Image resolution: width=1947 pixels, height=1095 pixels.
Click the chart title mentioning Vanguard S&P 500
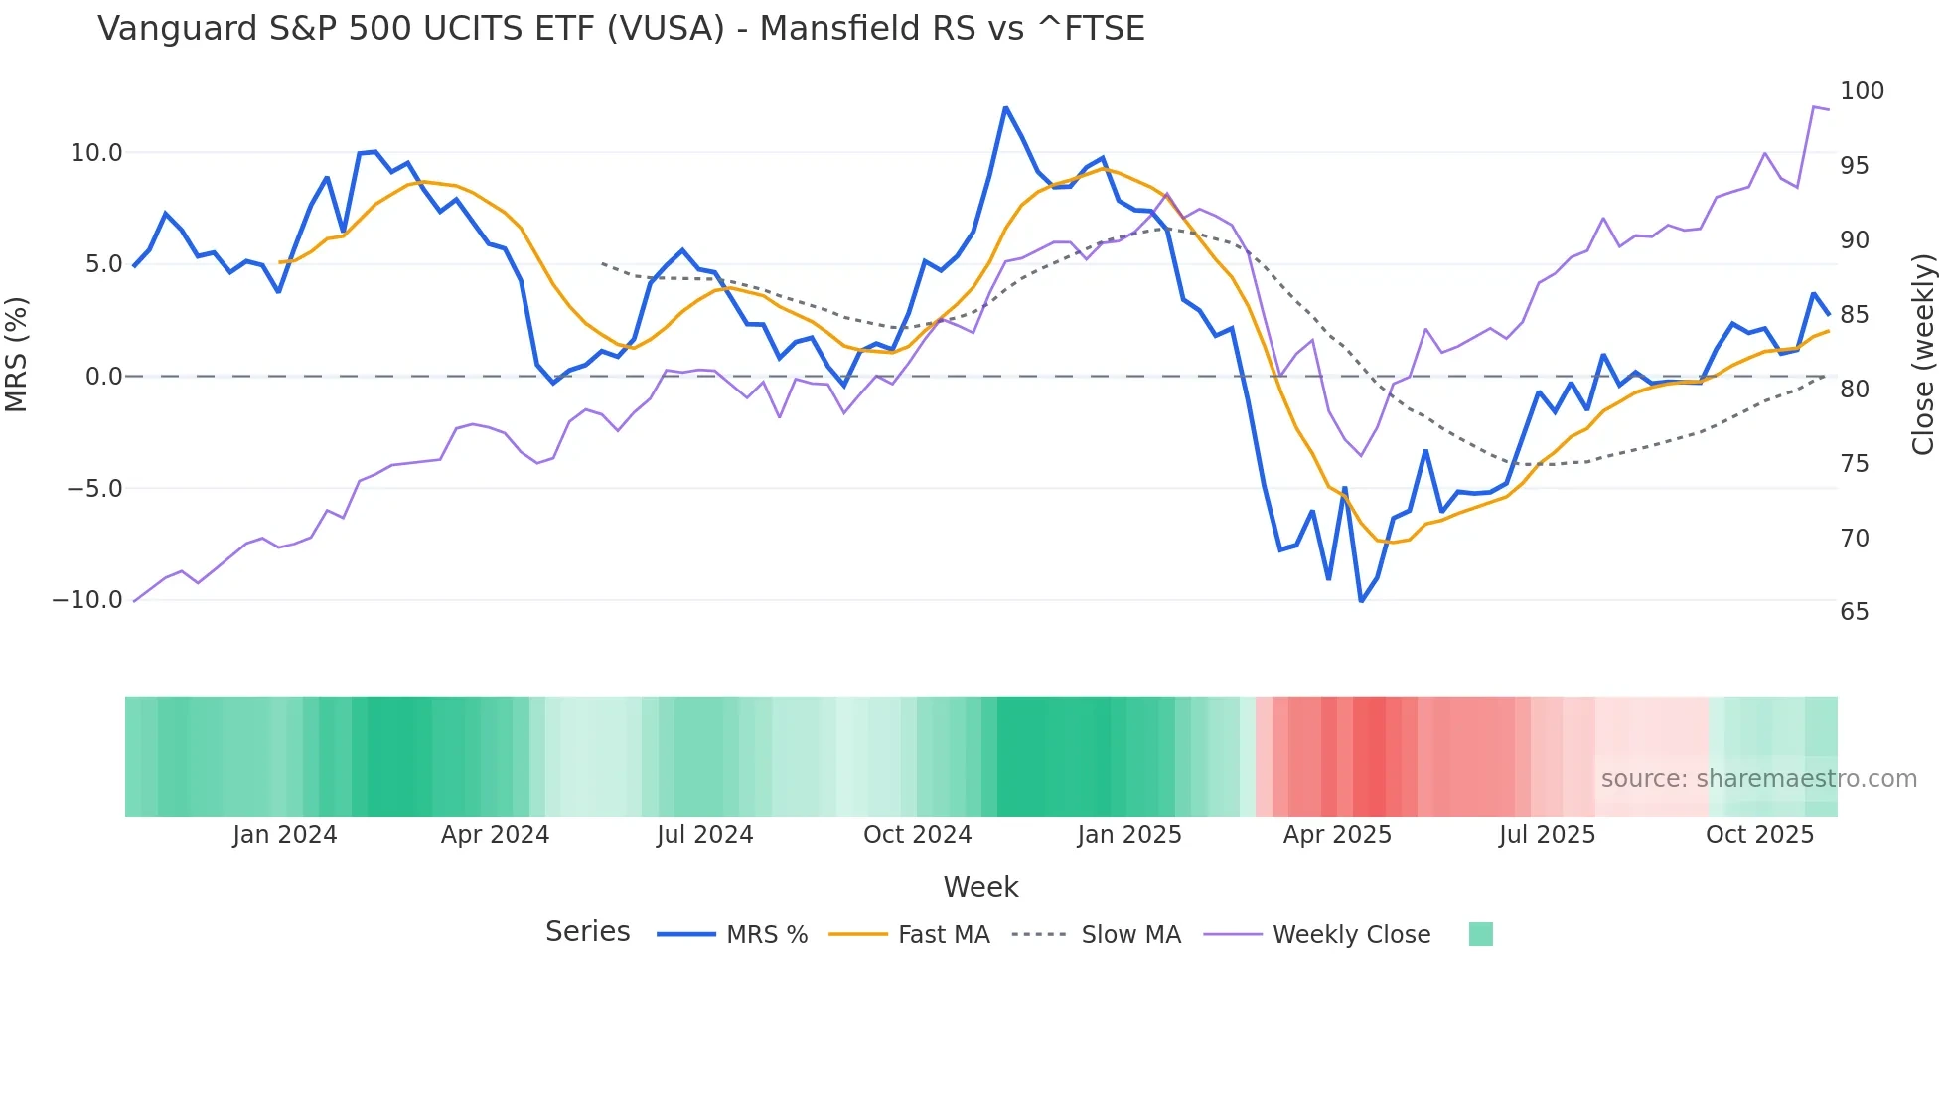(621, 29)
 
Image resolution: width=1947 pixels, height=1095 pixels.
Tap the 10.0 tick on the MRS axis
(96, 153)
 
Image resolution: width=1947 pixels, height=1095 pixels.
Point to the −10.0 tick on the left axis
(87, 600)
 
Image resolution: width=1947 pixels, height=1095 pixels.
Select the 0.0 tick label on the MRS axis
(103, 377)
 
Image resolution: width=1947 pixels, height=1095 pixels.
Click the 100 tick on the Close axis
(1862, 91)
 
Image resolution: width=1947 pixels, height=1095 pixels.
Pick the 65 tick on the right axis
(1854, 612)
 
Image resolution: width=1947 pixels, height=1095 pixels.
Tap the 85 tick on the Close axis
(1854, 315)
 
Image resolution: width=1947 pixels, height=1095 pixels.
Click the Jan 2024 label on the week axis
(285, 835)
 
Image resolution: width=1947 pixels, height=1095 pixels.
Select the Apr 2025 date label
(1337, 835)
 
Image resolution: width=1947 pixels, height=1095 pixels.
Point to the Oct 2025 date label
(1759, 835)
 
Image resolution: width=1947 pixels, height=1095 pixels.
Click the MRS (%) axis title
(17, 355)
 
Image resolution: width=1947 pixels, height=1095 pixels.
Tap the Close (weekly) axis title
(1923, 355)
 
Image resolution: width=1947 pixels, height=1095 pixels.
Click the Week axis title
(980, 887)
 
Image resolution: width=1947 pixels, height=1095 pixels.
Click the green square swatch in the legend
(1480, 934)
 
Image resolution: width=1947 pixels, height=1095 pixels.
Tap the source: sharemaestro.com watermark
(1758, 779)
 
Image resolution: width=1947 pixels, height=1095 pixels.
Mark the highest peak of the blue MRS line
(1005, 107)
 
